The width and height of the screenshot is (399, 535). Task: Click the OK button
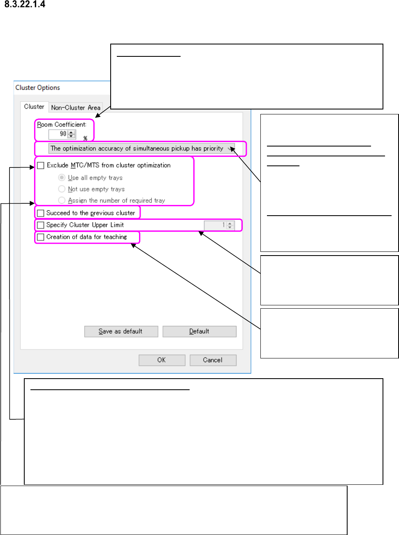tap(161, 360)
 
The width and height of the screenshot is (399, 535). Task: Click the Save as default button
tap(121, 331)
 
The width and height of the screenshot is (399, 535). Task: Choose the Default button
tap(199, 331)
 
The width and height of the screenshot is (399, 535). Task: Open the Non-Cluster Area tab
tap(76, 107)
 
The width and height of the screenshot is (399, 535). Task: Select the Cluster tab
tap(34, 107)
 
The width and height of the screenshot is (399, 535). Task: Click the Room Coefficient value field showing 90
tap(58, 134)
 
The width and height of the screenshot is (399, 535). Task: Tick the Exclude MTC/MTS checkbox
tap(41, 165)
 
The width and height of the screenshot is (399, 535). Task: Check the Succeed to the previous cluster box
tap(41, 213)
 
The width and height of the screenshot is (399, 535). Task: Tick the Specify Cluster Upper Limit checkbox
tap(41, 225)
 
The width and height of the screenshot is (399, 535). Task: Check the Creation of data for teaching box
tap(41, 237)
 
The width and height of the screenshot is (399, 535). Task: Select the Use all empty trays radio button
tap(62, 177)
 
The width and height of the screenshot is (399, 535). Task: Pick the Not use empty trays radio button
tap(62, 189)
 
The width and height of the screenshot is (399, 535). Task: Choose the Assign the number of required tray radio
tap(62, 200)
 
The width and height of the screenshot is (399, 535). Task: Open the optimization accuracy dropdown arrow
tap(230, 149)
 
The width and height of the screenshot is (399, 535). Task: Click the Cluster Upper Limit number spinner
tap(230, 225)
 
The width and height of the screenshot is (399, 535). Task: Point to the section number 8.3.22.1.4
tap(25, 5)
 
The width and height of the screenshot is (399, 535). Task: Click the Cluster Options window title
tap(37, 88)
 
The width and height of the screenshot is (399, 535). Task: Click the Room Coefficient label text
tap(62, 124)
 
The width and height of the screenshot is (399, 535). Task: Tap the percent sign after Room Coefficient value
tap(85, 138)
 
